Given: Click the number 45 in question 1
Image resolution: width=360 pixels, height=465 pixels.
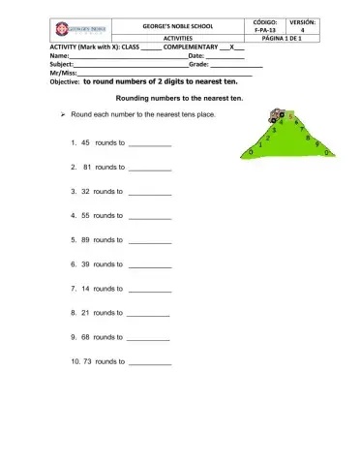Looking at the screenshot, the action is pos(84,141).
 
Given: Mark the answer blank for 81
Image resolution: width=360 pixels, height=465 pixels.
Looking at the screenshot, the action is pos(149,167).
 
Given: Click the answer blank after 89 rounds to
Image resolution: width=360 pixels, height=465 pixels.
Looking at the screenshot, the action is pos(149,239).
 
